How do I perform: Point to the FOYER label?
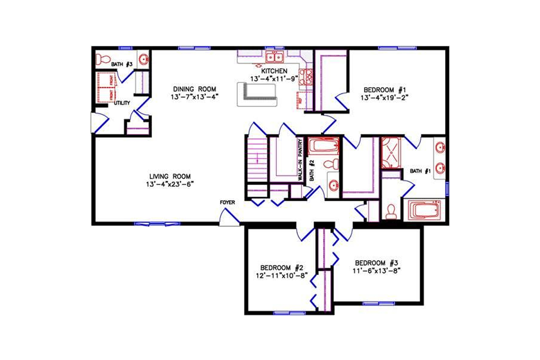pos(228,202)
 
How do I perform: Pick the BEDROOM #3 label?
pos(377,263)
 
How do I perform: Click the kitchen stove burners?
pos(308,76)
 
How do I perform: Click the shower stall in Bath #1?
pos(391,153)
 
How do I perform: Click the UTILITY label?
pos(122,103)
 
